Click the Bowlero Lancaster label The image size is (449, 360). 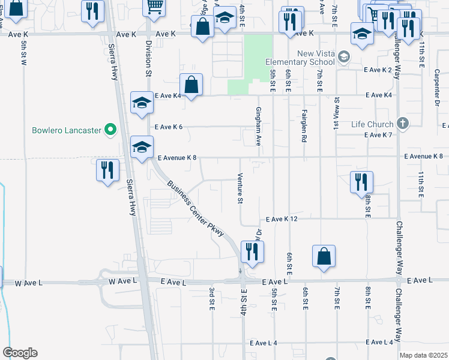pos(66,130)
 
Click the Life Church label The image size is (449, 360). pos(373,124)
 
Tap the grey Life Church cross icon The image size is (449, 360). pos(402,124)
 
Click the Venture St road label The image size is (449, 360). pos(240,188)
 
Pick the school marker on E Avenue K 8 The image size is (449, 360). pos(142,147)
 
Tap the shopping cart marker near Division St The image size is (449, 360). pos(154,7)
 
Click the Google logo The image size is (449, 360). pos(20,353)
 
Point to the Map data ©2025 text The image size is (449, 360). pos(423,355)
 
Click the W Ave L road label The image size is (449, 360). pos(123,281)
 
